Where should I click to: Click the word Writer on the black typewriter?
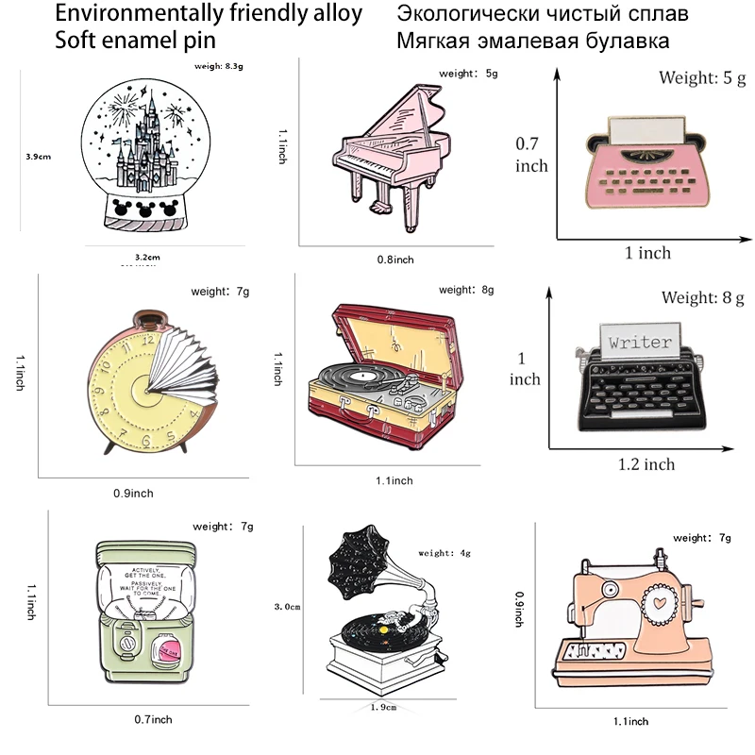point(640,343)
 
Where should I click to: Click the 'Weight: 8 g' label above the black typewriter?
point(702,298)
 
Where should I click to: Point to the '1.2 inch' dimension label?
point(646,463)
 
